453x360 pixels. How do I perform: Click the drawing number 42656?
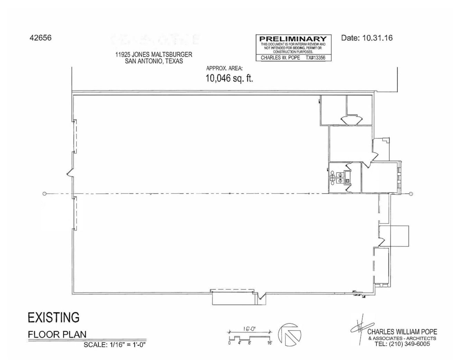pos(40,38)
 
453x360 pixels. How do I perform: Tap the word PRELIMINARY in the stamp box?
pos(293,39)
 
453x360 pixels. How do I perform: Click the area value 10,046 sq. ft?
pos(229,78)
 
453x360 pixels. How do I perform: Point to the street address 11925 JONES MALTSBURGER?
pos(154,55)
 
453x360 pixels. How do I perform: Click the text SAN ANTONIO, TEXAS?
pos(154,61)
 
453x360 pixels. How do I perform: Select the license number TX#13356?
pos(315,58)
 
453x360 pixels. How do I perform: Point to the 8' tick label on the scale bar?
pos(249,343)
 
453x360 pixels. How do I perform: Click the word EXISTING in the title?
pos(54,317)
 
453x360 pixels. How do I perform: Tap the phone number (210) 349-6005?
pos(409,344)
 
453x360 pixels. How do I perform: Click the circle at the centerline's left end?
pos(44,194)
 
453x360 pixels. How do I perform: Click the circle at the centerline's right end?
pos(411,194)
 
